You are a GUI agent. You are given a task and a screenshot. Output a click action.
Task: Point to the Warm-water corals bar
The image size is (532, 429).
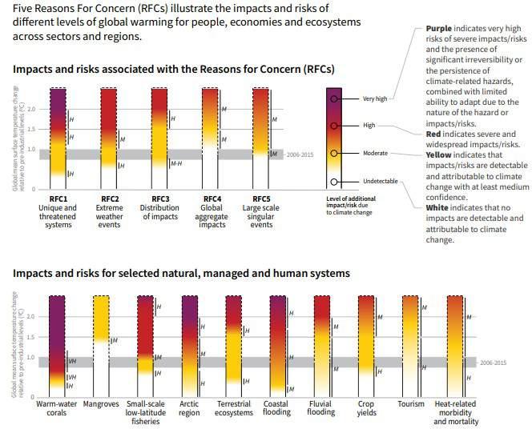pyautogui.click(x=57, y=344)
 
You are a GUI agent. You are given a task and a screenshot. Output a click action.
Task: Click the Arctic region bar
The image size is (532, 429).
pyautogui.click(x=190, y=344)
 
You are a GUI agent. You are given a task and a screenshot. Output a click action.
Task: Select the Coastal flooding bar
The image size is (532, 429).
pyautogui.click(x=276, y=344)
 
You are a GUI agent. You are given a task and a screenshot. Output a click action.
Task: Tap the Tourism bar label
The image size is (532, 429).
pyautogui.click(x=411, y=403)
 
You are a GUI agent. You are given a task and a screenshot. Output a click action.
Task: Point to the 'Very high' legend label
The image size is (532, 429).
pyautogui.click(x=374, y=98)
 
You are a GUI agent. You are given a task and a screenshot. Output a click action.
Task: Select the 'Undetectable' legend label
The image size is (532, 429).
pyautogui.click(x=380, y=181)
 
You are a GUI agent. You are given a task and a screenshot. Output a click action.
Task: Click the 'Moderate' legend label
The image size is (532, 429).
pyautogui.click(x=375, y=153)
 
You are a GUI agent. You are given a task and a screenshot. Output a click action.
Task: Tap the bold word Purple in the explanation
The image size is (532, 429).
pyautogui.click(x=439, y=29)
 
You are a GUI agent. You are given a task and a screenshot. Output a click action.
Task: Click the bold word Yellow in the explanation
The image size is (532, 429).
pyautogui.click(x=438, y=154)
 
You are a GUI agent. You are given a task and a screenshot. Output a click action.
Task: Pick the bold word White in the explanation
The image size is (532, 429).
pyautogui.click(x=437, y=208)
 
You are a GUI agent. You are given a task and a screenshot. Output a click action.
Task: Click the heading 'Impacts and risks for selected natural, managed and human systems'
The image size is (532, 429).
pyautogui.click(x=181, y=273)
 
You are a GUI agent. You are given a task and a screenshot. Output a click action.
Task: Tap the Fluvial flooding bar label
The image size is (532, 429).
pyautogui.click(x=321, y=408)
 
